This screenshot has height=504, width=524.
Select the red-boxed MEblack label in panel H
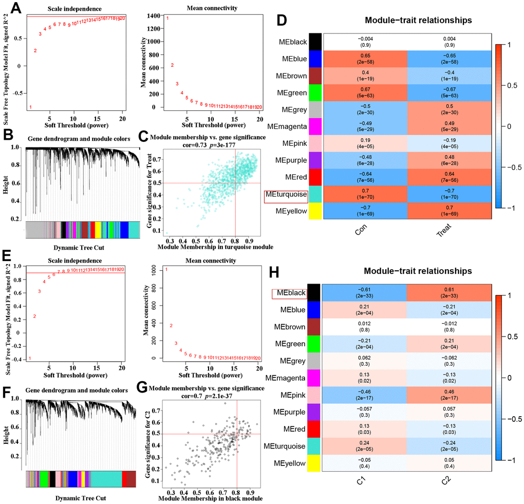pyautogui.click(x=289, y=293)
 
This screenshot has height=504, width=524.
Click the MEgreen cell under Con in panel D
pyautogui.click(x=365, y=94)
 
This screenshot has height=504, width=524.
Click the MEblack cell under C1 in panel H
pyautogui.click(x=364, y=293)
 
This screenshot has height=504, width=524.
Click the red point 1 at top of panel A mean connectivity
pyautogui.click(x=167, y=19)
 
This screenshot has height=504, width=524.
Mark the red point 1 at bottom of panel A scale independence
pyautogui.click(x=30, y=107)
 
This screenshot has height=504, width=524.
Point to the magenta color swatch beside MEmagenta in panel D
pyautogui.click(x=315, y=127)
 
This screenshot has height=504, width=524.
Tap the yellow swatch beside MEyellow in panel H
pyautogui.click(x=314, y=463)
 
